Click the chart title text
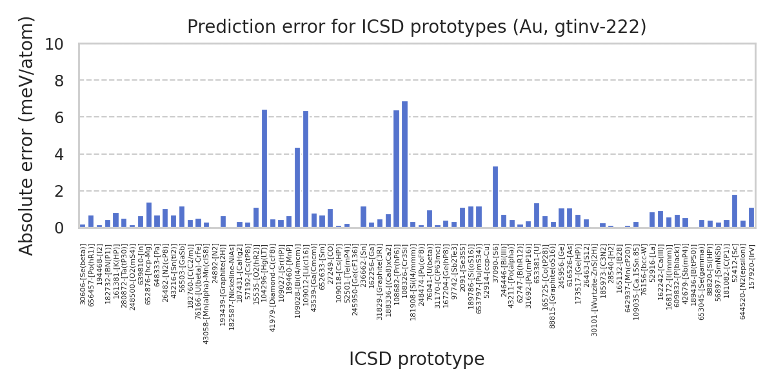(x=417, y=27)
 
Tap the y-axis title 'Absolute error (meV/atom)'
(x=26, y=135)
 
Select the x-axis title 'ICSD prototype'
(x=417, y=359)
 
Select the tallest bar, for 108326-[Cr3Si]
(x=404, y=164)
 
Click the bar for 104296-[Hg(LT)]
(x=264, y=169)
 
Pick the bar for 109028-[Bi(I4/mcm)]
(x=297, y=188)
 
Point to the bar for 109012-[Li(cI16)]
(x=306, y=170)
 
